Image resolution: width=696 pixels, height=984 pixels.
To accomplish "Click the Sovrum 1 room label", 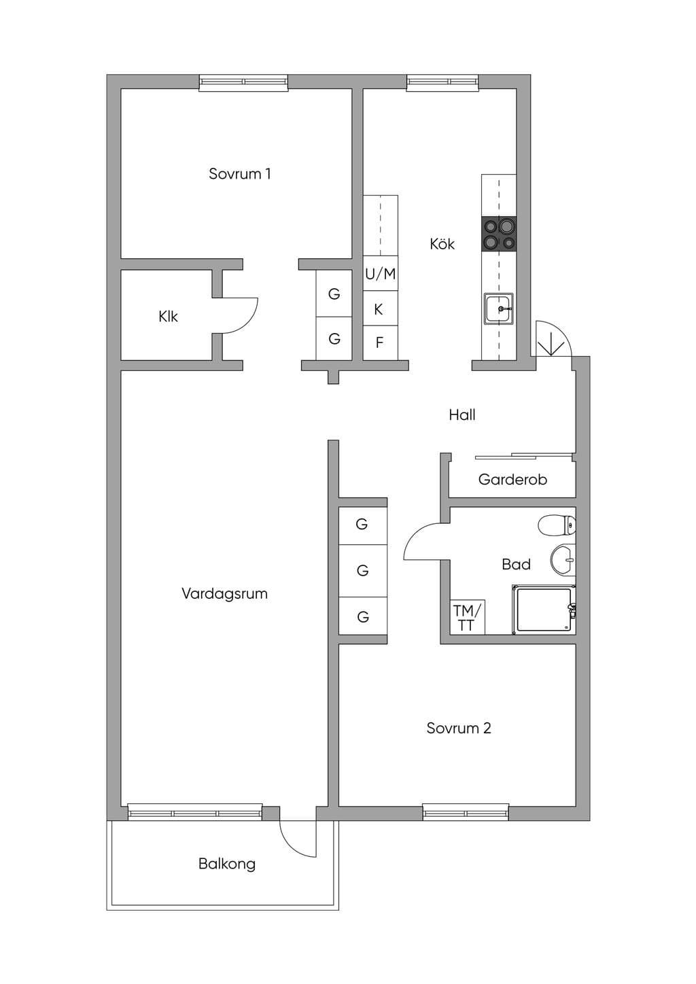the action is (x=239, y=174).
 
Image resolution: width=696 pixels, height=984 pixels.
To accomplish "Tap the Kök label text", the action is (x=442, y=244).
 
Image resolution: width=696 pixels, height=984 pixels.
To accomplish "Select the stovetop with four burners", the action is (x=499, y=234).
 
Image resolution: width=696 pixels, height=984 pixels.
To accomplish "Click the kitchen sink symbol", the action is (x=499, y=309).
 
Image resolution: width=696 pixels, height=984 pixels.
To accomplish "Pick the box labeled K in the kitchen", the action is (x=381, y=309).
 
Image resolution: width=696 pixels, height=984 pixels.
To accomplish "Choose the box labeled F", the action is (x=381, y=343).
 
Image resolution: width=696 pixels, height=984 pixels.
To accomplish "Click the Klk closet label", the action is (x=168, y=316).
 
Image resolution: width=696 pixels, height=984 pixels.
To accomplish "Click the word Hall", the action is (x=462, y=415).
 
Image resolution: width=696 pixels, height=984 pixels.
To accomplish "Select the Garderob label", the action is (x=512, y=479).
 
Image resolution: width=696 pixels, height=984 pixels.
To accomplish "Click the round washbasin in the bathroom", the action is (x=563, y=560).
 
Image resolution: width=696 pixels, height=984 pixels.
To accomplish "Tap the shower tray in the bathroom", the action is (x=544, y=610).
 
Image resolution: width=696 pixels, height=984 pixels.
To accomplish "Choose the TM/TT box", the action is (x=468, y=617).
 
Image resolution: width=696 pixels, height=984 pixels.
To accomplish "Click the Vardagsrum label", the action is (x=224, y=593).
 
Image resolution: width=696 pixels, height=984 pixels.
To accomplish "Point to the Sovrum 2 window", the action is (x=466, y=812).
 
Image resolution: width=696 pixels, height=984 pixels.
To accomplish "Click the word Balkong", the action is (x=227, y=864).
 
